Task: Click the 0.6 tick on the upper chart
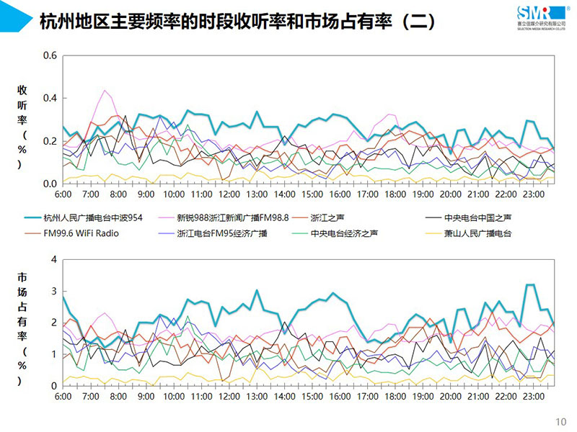click(50, 55)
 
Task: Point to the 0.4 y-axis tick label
click(50, 98)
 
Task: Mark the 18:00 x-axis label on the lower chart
click(395, 397)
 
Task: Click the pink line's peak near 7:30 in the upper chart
click(105, 90)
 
